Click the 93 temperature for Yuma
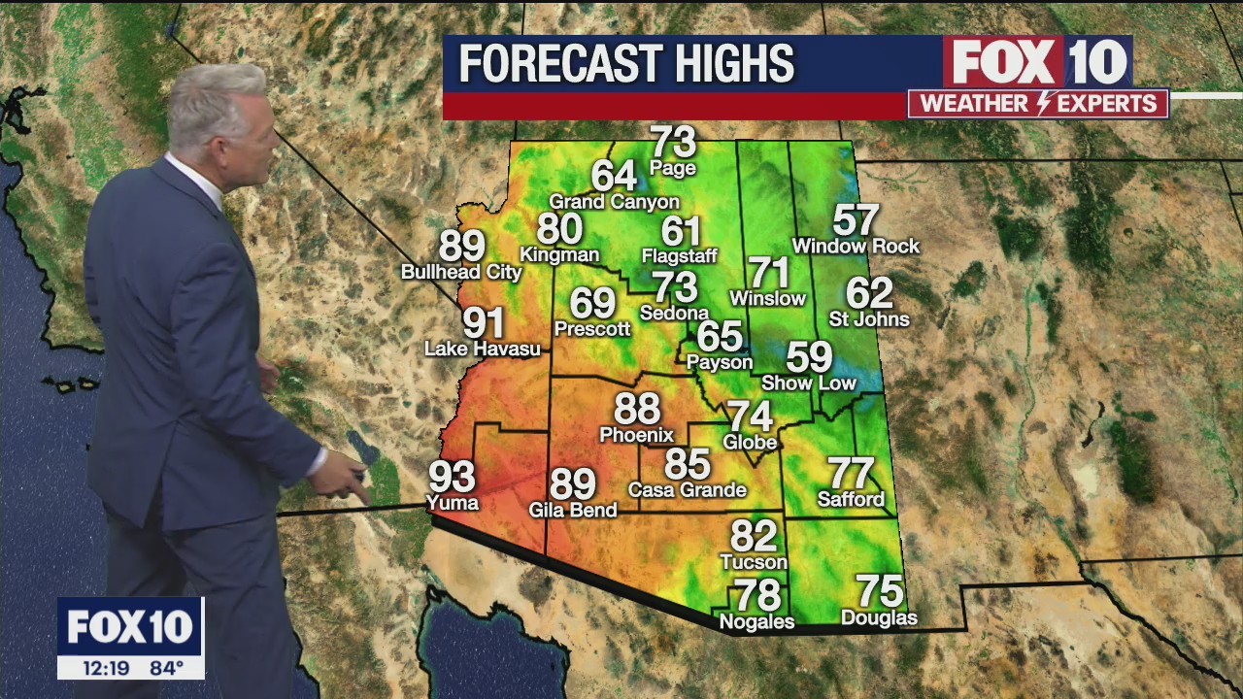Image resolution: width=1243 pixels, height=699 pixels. pos(453,477)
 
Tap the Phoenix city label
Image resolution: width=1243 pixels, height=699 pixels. pos(636,435)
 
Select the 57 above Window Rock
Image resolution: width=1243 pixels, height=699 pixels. pos(856,220)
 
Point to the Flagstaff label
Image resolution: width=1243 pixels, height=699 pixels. pos(680,256)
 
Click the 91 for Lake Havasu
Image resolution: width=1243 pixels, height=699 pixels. pos(483,322)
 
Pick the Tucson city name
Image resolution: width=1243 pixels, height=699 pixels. pos(754,562)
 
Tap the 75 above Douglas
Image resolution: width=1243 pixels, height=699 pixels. pos(879,591)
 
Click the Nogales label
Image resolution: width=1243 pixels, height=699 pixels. pos(756,621)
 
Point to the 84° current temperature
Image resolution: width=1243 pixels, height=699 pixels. pos(166,668)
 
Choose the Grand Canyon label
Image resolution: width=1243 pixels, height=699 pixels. pos(614,202)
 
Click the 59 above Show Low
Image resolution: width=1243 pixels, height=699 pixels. pos(809,357)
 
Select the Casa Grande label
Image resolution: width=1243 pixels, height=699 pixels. pos(688,490)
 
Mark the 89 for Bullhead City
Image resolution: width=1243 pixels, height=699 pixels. pos(462,247)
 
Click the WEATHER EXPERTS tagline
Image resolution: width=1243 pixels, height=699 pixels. pos(1038,104)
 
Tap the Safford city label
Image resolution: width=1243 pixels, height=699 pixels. pos(851,500)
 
